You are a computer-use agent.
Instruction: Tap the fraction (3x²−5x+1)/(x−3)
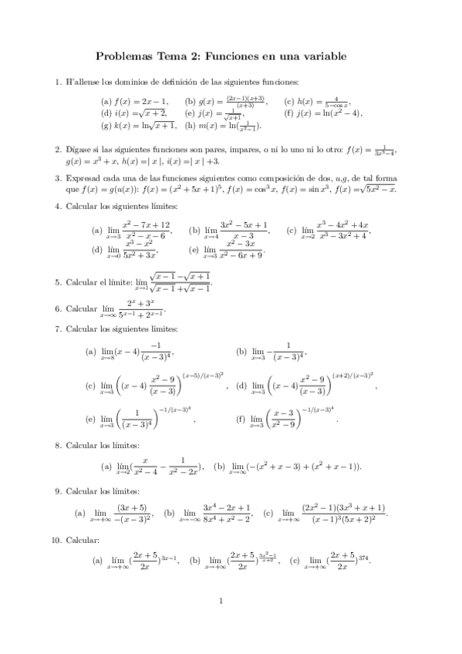pos(244,229)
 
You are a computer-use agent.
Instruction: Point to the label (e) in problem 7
pos(91,420)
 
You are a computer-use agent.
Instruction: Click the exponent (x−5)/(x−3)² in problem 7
pos(204,375)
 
